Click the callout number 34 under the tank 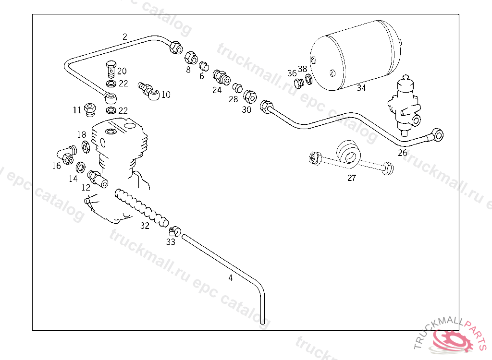point(361,88)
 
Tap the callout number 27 point(352,178)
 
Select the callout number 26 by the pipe point(402,153)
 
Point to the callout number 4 point(231,277)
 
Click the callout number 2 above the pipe point(125,36)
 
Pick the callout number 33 point(171,242)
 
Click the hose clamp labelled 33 point(175,232)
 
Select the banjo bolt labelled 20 point(111,69)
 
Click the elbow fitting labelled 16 point(66,154)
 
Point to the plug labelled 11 point(90,109)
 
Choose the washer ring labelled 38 point(309,79)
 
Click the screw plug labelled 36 point(299,84)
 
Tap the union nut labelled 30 point(250,96)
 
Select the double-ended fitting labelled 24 point(221,77)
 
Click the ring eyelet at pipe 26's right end point(437,134)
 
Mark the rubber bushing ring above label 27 point(349,153)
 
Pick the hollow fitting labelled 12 point(98,179)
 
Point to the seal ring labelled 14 point(81,168)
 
